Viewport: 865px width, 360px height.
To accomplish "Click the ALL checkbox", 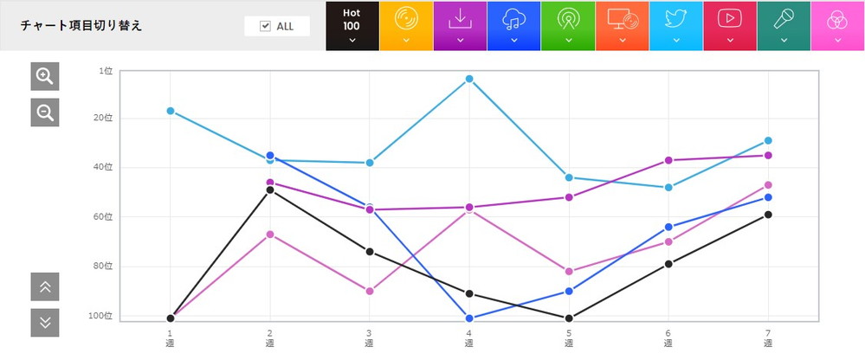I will [x=266, y=26].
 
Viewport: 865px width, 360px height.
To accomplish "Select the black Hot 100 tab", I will [x=352, y=25].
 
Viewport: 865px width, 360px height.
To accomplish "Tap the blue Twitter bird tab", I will [x=675, y=25].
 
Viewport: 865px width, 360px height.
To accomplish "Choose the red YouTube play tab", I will [x=730, y=25].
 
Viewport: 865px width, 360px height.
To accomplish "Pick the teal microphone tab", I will [x=784, y=25].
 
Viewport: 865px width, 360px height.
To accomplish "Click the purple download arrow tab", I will [x=460, y=25].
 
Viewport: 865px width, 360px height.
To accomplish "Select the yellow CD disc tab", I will [x=406, y=25].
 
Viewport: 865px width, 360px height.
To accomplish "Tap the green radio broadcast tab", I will [x=568, y=25].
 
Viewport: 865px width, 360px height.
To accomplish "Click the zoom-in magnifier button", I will [x=44, y=76].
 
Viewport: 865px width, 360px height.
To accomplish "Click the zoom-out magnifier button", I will [x=44, y=112].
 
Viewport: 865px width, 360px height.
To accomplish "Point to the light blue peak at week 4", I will [x=469, y=79].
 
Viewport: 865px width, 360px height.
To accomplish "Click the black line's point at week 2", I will [x=270, y=190].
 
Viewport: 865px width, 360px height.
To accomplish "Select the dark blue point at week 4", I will [x=469, y=318].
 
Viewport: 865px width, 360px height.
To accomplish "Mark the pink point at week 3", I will [x=370, y=291].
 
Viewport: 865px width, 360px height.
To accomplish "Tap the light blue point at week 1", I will [x=171, y=111].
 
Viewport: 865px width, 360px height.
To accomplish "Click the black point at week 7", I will [x=768, y=215].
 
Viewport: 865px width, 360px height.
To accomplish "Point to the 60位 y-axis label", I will [x=105, y=216].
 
